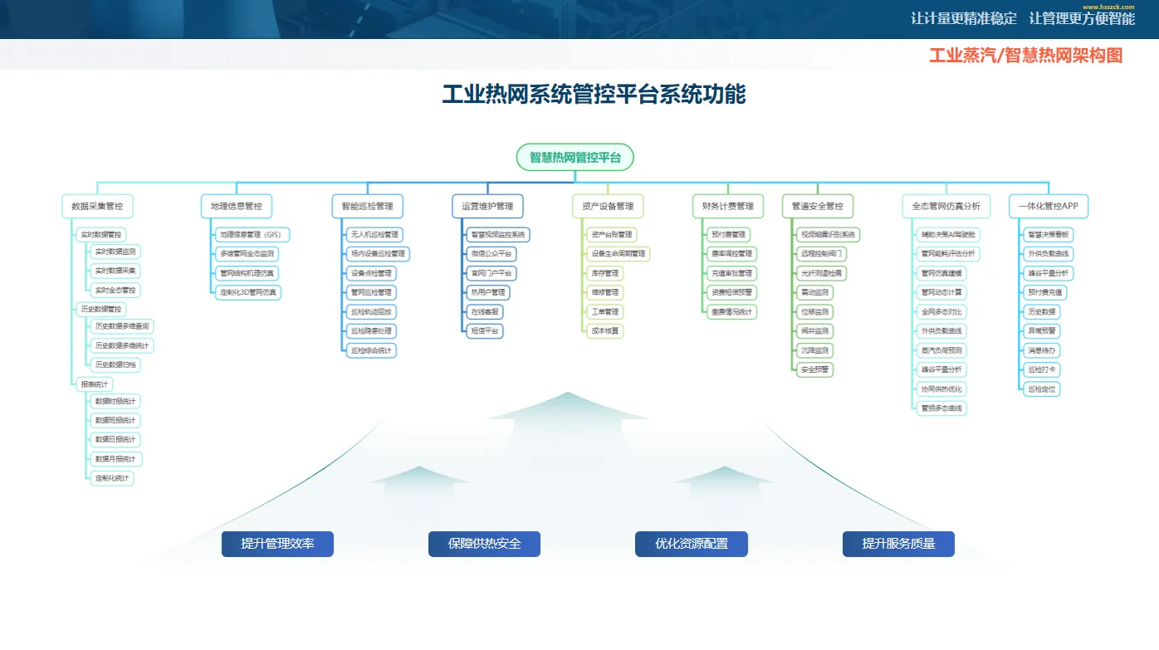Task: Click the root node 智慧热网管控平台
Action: pos(575,157)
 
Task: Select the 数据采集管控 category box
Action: pos(97,206)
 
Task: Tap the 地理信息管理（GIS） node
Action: pos(251,235)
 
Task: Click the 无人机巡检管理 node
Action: pos(374,235)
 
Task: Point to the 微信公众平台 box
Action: pos(491,254)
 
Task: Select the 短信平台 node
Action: pos(486,330)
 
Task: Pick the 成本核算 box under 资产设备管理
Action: pos(604,330)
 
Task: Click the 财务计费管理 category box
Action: pos(728,206)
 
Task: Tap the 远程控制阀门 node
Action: pos(822,254)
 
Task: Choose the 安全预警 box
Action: pos(814,369)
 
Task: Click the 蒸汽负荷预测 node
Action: pos(941,350)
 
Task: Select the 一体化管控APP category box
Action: pos(1049,206)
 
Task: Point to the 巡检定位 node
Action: pos(1043,389)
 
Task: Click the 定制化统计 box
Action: pos(112,478)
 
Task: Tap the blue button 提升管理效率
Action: pos(277,544)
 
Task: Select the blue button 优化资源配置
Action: pos(691,544)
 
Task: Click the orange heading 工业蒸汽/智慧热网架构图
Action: pos(1025,56)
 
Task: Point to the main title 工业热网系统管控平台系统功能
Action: pos(594,94)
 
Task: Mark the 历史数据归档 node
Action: pos(116,364)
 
